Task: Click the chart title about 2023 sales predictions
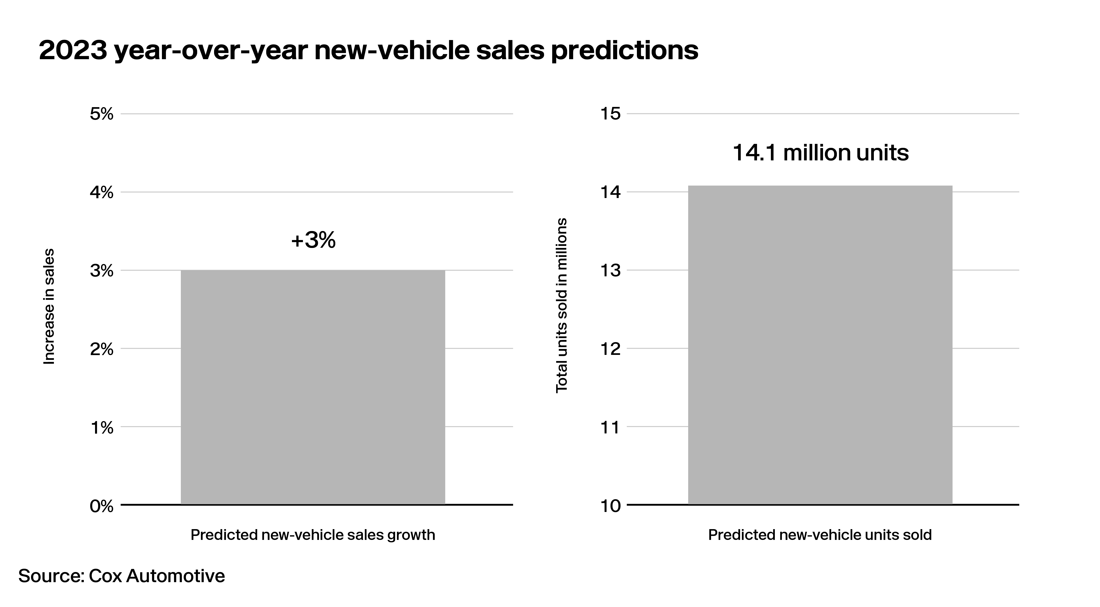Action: pos(368,51)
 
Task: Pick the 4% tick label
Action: pos(102,193)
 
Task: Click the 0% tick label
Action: pos(102,506)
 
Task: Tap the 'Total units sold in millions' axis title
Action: pos(561,305)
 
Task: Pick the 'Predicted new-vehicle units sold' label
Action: pos(820,535)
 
